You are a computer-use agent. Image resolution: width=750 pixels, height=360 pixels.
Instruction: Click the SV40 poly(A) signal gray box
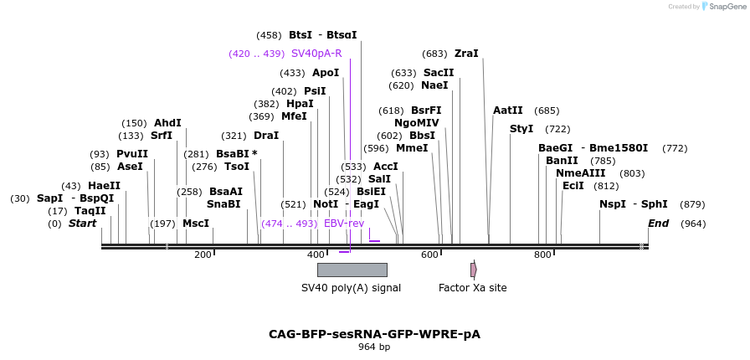click(352, 270)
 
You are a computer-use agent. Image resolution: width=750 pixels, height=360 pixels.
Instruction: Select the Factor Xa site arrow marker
click(473, 270)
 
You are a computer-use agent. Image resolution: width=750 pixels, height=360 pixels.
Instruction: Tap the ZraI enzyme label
click(466, 54)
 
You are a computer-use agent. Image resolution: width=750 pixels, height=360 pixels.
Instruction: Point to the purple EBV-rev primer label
click(344, 224)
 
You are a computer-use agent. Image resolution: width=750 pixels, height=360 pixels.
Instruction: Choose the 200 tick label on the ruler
click(203, 255)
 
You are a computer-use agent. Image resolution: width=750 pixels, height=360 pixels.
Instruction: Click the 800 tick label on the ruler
click(542, 255)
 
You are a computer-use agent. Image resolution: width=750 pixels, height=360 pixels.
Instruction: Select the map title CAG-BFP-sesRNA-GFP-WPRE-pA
click(374, 334)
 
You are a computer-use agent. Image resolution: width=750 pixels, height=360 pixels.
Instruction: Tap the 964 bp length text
click(374, 347)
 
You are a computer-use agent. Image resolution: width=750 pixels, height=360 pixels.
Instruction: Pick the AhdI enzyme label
click(167, 123)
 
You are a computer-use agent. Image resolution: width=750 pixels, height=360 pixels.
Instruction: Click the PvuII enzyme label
click(132, 154)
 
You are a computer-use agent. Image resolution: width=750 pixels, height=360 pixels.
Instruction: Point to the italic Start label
click(82, 224)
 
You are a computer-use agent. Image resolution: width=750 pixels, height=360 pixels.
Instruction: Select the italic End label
click(659, 224)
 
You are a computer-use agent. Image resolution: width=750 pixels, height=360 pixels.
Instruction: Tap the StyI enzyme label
click(521, 129)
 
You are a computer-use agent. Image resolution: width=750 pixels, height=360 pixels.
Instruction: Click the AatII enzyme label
click(508, 111)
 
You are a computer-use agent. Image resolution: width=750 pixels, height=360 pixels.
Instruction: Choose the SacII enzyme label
click(439, 73)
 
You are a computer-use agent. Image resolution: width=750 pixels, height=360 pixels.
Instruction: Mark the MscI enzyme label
click(196, 224)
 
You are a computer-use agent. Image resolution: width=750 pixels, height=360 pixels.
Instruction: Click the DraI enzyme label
click(266, 136)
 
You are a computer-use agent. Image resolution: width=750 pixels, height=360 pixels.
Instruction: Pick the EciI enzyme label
click(573, 186)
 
